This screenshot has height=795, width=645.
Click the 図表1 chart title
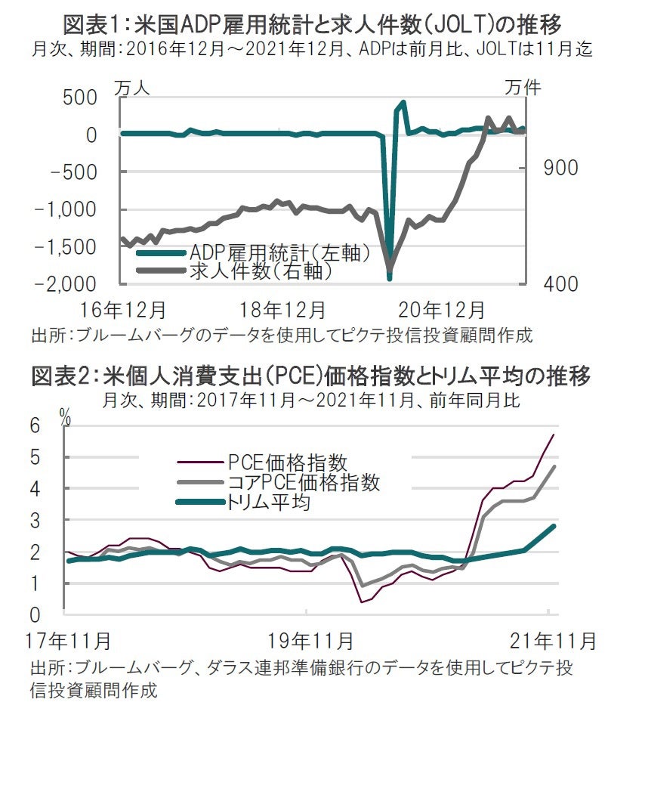point(312,24)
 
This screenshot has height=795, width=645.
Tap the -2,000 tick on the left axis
point(66,283)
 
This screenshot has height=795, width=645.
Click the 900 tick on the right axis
point(560,168)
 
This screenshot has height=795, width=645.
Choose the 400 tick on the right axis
point(560,284)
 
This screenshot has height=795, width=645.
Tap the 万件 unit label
point(523,88)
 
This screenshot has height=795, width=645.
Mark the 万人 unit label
point(132,88)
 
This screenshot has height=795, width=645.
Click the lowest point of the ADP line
point(390,278)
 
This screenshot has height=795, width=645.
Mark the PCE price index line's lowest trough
point(363,602)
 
